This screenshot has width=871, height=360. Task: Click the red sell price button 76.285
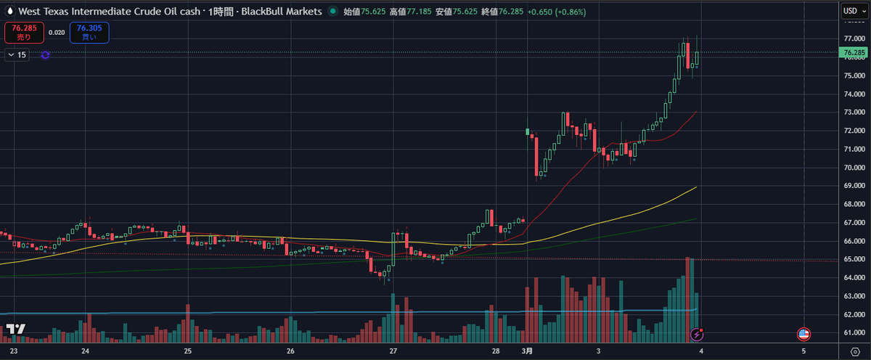coord(19,31)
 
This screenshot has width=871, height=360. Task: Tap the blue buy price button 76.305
coord(89,31)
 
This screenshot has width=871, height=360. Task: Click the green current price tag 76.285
coord(852,52)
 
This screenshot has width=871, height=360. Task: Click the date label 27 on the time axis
coord(393,351)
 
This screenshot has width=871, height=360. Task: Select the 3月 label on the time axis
coord(527,351)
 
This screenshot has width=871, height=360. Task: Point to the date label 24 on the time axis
coord(85,351)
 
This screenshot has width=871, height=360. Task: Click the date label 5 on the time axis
coord(803,351)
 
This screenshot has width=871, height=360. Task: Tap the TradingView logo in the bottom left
coord(15,330)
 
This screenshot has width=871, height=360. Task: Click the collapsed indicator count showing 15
coord(17,54)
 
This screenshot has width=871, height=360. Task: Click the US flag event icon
coord(803,334)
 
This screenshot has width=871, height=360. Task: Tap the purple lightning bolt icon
coord(697,334)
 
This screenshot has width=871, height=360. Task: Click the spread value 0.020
coord(56,32)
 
